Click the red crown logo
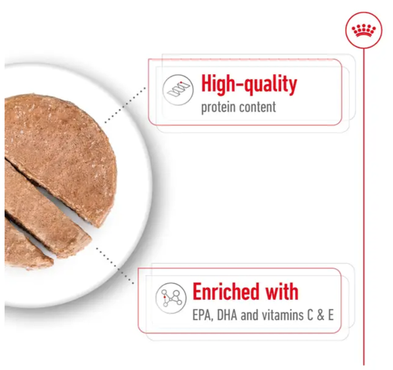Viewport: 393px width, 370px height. click(363, 30)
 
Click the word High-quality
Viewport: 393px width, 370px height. click(249, 84)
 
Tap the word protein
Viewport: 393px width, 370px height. click(218, 108)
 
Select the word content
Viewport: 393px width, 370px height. click(257, 107)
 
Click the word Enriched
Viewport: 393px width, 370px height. click(226, 291)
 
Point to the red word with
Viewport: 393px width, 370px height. click(281, 291)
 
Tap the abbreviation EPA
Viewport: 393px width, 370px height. click(203, 315)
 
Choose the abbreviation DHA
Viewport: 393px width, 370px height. click(227, 315)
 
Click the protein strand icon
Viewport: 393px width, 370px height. click(178, 90)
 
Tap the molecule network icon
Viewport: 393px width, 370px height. click(171, 298)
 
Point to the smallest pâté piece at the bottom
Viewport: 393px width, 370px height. click(25, 248)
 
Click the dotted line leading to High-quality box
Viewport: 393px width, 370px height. click(125, 105)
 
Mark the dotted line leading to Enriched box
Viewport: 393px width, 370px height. click(115, 266)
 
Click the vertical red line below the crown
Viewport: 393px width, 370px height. click(363, 207)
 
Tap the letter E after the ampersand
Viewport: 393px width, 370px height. click(331, 315)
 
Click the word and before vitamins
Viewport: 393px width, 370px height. click(249, 315)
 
